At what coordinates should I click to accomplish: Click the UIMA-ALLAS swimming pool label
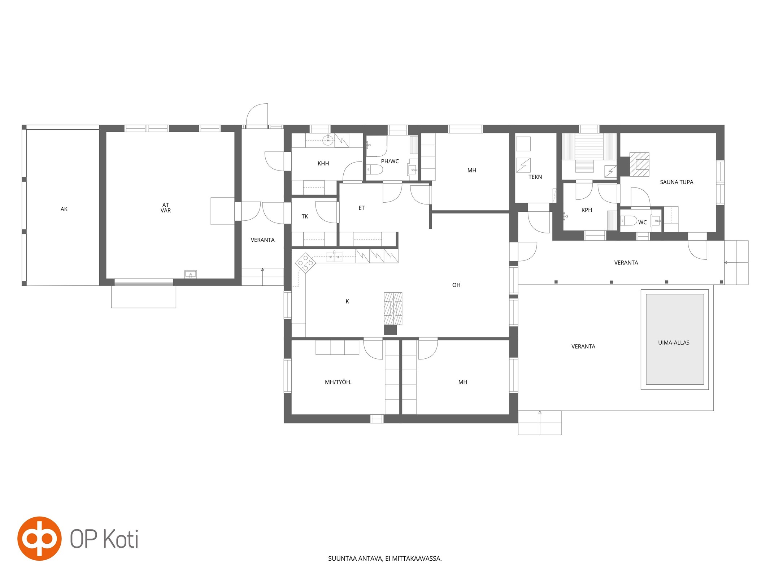pyautogui.click(x=674, y=342)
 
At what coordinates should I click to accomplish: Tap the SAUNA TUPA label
pyautogui.click(x=677, y=182)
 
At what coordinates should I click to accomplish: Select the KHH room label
pyautogui.click(x=323, y=164)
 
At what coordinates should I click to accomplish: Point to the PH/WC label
pyautogui.click(x=390, y=161)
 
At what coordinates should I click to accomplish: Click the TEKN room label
pyautogui.click(x=535, y=177)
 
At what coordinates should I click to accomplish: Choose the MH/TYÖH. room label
pyautogui.click(x=338, y=382)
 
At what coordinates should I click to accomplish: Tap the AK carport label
pyautogui.click(x=64, y=209)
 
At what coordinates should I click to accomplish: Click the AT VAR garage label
pyautogui.click(x=166, y=208)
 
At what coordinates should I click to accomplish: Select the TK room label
pyautogui.click(x=305, y=216)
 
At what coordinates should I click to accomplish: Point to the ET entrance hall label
pyautogui.click(x=361, y=208)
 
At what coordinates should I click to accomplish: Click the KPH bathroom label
pyautogui.click(x=587, y=210)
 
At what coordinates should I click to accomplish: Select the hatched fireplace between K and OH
pyautogui.click(x=393, y=309)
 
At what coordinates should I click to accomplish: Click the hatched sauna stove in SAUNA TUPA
pyautogui.click(x=639, y=164)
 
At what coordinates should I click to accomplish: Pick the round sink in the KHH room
pyautogui.click(x=328, y=140)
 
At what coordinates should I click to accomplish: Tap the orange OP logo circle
pyautogui.click(x=39, y=539)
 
